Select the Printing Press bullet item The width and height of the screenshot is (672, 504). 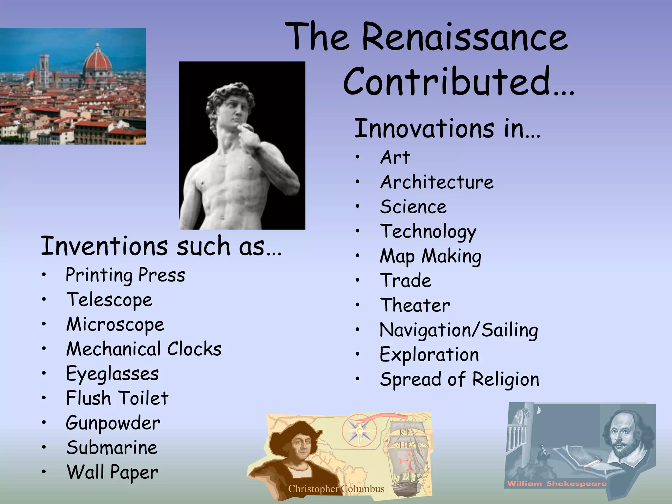pos(125,275)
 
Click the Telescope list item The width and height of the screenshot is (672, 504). pos(110,300)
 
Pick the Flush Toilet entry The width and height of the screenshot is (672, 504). pos(117,398)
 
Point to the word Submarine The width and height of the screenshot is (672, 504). pos(112,448)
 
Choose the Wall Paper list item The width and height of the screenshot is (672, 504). pos(112,472)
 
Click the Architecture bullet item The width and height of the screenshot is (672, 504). pos(436,182)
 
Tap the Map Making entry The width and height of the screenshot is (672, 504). pos(430,256)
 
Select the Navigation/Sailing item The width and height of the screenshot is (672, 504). pos(459,330)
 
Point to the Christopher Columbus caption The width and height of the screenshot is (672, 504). pos(336,489)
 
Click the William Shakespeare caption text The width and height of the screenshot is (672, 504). pos(556,484)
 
